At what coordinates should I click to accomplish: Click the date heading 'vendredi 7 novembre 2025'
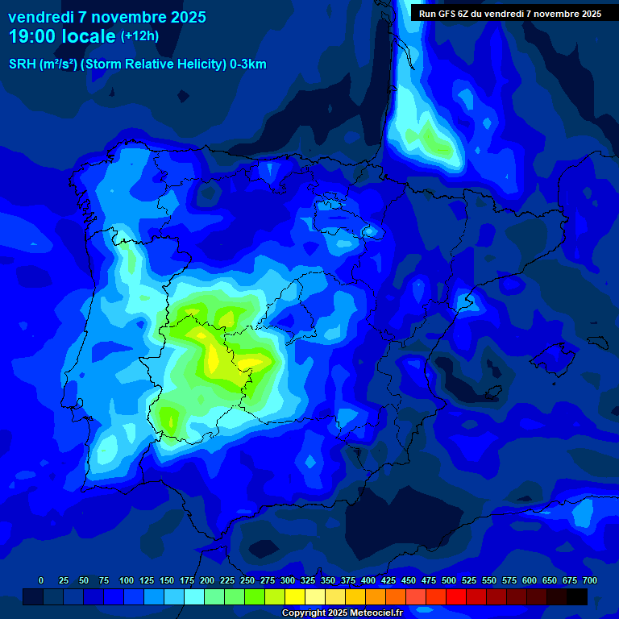106,17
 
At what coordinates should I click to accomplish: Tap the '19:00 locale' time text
61,36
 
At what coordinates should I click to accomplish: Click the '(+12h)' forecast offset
139,36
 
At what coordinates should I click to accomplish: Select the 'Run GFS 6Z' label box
509,14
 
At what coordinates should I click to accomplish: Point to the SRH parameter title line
137,64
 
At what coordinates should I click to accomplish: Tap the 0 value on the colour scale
41,580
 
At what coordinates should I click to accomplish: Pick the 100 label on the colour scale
127,580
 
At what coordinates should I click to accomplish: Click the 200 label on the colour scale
207,580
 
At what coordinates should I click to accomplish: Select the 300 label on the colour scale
288,580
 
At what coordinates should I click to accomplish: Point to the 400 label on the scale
368,580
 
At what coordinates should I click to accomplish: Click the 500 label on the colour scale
449,580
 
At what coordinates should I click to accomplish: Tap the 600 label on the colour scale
530,580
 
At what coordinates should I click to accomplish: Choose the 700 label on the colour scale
590,580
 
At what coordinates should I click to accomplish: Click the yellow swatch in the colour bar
295,596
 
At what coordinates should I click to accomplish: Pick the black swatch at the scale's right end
577,596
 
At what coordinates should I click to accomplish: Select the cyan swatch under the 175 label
194,596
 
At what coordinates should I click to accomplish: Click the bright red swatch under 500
456,596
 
